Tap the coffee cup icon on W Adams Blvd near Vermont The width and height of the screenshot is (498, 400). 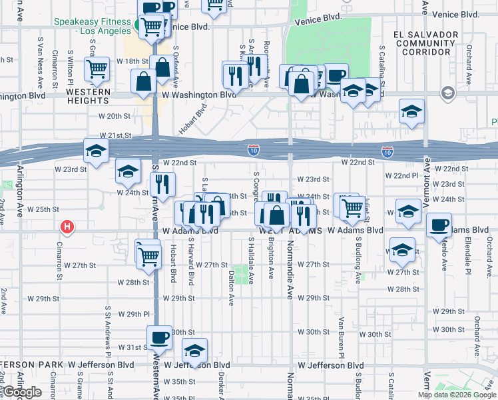pos(439,225)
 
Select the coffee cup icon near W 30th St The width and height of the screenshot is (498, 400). pos(160,338)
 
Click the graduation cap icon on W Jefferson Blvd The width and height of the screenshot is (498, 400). pos(194,351)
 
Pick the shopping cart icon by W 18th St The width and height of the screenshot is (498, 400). pos(97,68)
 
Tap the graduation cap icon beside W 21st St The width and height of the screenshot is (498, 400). pos(96,151)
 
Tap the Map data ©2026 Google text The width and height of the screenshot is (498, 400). pos(456,395)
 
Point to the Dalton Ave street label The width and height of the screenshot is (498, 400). pos(231,287)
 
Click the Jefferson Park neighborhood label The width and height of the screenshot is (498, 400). pos(32,365)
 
